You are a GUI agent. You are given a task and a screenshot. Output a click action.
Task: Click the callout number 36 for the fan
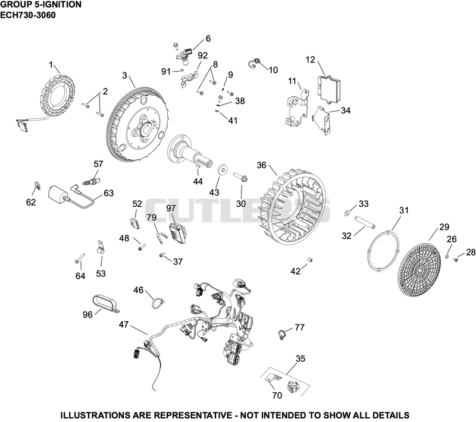(x=261, y=165)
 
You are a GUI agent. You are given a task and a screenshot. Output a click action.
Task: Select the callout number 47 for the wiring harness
(x=124, y=325)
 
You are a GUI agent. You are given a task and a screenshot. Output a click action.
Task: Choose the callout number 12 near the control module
(x=310, y=59)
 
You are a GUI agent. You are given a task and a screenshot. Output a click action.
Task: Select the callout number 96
(x=87, y=314)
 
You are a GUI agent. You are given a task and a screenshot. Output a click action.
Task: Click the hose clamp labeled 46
(x=158, y=303)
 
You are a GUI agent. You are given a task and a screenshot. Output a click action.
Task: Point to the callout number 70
(x=277, y=395)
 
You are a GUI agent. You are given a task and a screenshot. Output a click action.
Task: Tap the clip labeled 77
(x=283, y=334)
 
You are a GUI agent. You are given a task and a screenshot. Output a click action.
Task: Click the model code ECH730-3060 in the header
(x=28, y=15)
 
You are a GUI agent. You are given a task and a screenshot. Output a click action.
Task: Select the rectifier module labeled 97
(x=178, y=232)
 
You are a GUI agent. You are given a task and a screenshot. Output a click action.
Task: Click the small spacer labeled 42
(x=309, y=260)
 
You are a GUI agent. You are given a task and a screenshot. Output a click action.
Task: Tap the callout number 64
(x=80, y=276)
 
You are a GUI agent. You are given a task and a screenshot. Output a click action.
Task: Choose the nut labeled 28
(x=456, y=259)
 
